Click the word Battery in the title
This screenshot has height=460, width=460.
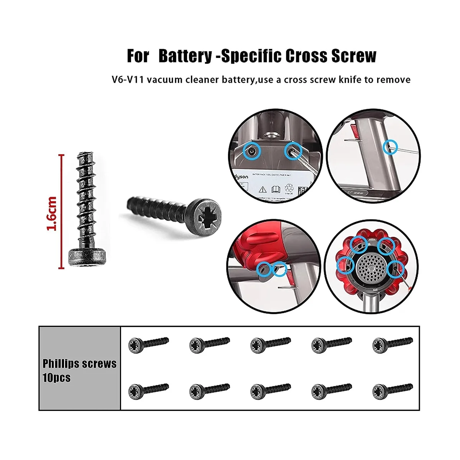tap(185, 56)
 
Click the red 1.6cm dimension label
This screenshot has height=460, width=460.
tap(52, 214)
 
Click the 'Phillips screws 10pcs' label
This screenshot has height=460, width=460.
tap(79, 370)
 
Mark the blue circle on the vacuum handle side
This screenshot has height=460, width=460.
tap(391, 146)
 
